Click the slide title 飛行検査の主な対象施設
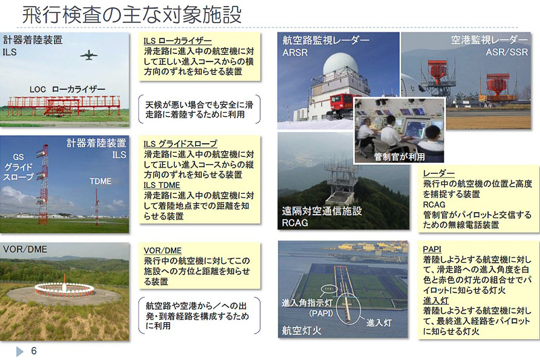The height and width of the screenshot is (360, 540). point(132,14)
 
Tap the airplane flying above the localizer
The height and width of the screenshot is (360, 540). point(88,55)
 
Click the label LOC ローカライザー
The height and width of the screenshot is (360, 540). point(67,88)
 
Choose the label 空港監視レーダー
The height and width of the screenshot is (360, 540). point(489,40)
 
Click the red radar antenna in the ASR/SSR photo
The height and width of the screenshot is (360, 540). point(439,72)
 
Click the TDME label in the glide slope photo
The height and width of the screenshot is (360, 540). point(101,181)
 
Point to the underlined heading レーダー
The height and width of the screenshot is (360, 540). point(439,173)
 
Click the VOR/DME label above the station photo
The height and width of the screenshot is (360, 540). point(25,249)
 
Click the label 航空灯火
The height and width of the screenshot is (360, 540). point(304,331)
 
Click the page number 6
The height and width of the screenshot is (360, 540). point(33,351)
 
